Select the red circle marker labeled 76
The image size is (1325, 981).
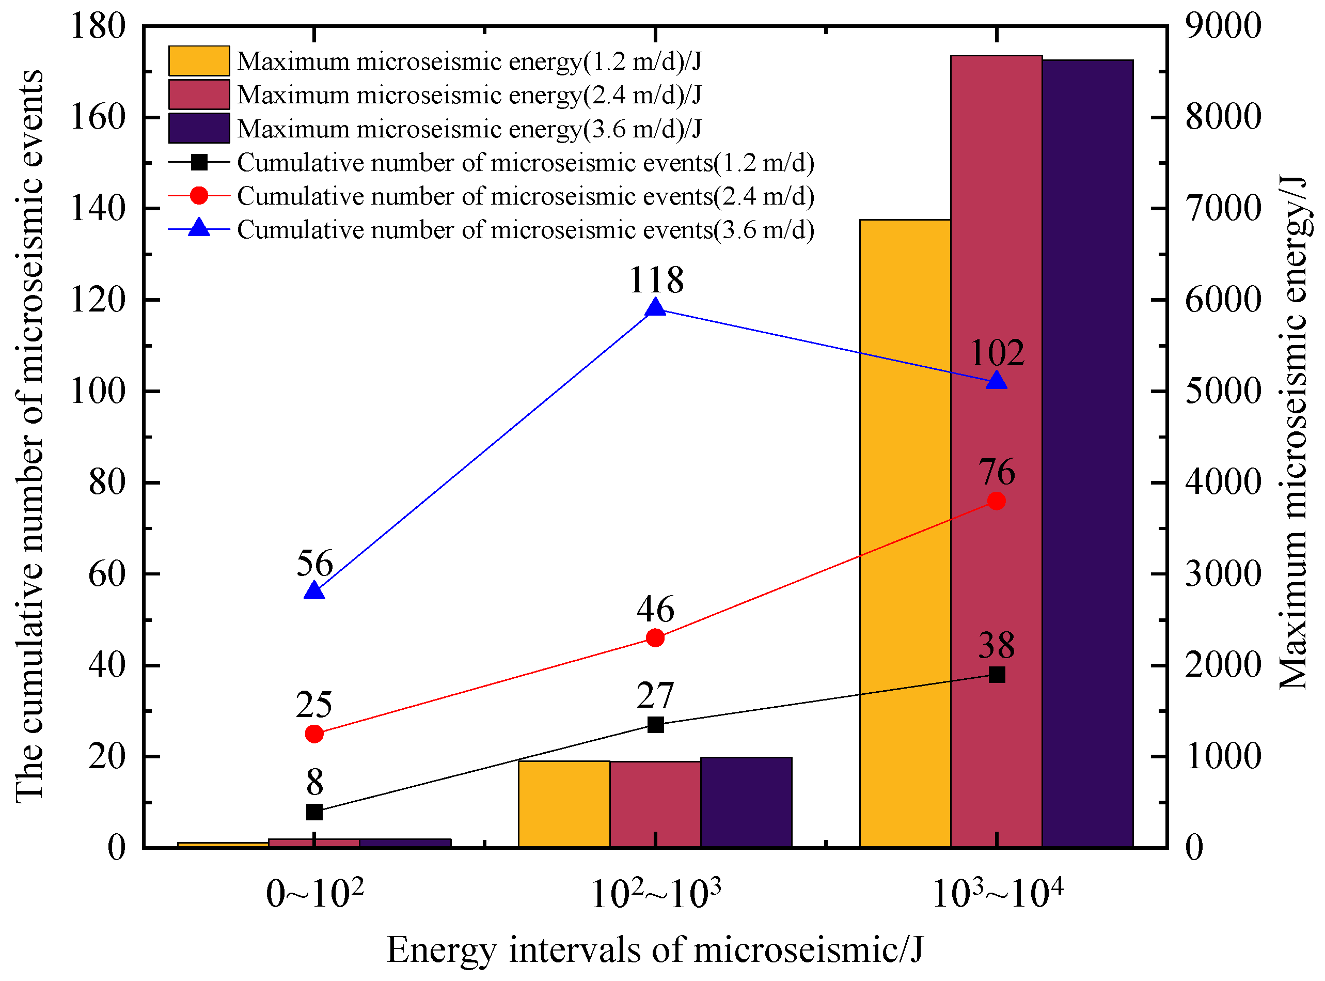pyautogui.click(x=996, y=501)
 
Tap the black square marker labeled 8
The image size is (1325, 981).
pyautogui.click(x=314, y=812)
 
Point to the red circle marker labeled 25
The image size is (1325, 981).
pyautogui.click(x=314, y=734)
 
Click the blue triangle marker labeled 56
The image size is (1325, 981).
pyautogui.click(x=314, y=591)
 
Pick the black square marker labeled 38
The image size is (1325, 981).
pyautogui.click(x=996, y=675)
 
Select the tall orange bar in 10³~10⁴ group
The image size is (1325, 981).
pyautogui.click(x=905, y=535)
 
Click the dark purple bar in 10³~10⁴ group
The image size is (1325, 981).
pyautogui.click(x=1087, y=451)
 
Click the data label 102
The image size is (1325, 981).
pyautogui.click(x=996, y=353)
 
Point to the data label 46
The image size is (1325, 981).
pyautogui.click(x=655, y=609)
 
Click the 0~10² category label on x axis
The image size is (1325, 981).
pyautogui.click(x=314, y=894)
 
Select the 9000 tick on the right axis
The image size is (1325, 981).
pyautogui.click(x=1222, y=26)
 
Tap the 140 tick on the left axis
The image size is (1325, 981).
pyautogui.click(x=98, y=208)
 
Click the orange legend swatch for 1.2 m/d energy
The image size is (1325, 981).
pyautogui.click(x=199, y=60)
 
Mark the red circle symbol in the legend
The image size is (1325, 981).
pyautogui.click(x=199, y=195)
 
